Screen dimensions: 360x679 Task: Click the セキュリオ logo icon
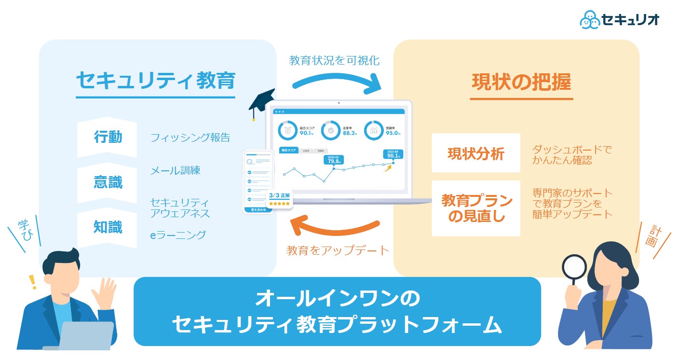(590, 19)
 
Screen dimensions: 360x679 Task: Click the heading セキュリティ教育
(155, 81)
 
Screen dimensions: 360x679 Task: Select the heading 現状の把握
(521, 83)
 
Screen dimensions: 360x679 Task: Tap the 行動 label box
(108, 138)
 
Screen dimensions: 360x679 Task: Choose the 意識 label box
(108, 182)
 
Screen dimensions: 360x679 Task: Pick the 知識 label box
(108, 227)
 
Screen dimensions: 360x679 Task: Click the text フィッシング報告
(190, 138)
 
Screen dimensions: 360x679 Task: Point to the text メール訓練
(175, 170)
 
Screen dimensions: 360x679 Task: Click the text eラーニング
(178, 235)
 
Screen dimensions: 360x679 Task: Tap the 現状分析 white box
(475, 153)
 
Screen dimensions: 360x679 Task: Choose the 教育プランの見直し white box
(475, 208)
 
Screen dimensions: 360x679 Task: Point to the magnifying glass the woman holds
(574, 268)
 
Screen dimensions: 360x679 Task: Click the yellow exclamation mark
(33, 281)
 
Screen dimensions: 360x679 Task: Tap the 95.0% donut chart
(373, 130)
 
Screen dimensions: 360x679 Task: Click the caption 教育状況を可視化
(334, 61)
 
